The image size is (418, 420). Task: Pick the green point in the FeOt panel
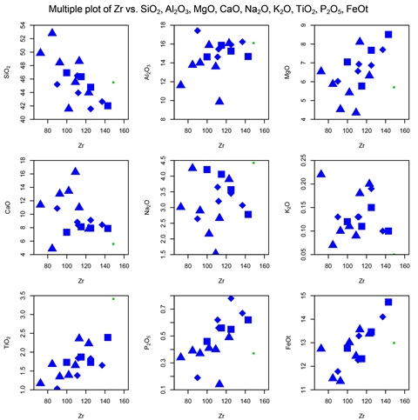coord(394,343)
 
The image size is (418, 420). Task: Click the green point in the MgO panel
coord(394,87)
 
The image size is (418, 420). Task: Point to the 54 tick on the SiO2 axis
coord(25,30)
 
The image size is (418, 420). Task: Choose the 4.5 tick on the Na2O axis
coord(165,162)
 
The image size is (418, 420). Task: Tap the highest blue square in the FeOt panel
coord(388,302)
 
